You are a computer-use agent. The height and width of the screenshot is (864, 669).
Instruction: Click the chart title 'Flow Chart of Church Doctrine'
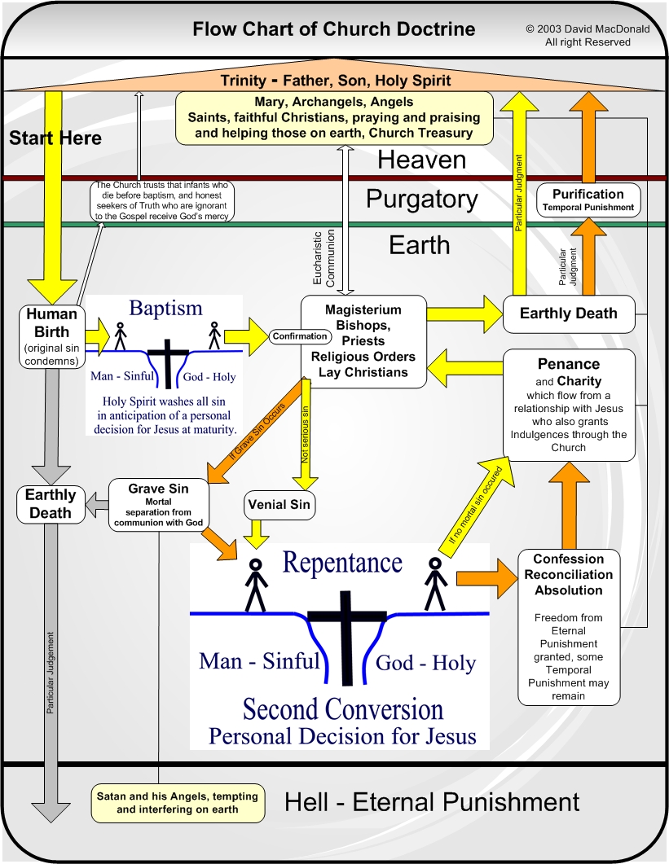coord(333,30)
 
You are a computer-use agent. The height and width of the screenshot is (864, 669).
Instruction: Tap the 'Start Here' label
coord(55,138)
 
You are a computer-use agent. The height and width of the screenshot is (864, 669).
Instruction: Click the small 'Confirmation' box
coord(299,336)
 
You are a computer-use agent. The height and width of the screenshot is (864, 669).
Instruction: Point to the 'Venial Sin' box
coord(278,505)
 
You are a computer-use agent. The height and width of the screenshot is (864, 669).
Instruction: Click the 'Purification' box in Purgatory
coord(588,200)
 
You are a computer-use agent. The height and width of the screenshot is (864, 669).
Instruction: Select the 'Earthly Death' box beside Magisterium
coord(568,314)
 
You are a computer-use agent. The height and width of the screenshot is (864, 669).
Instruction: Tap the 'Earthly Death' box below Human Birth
coord(51,504)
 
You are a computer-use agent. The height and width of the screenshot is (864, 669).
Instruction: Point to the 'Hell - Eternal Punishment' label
coord(432,802)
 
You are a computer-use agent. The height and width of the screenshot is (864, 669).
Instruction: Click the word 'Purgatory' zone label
coord(420,200)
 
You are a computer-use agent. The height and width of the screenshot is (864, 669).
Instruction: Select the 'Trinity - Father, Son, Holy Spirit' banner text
coord(335,81)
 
